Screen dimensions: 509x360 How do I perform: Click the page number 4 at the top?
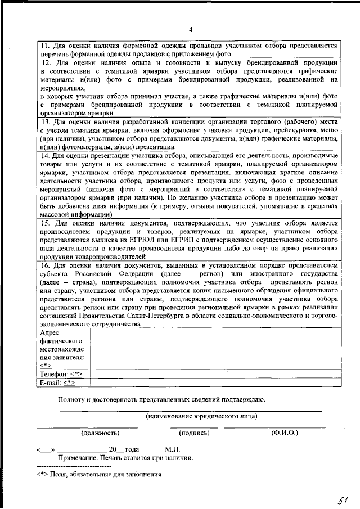point(191,30)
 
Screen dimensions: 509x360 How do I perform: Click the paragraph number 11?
point(45,45)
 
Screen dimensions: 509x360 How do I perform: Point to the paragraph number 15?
point(46,223)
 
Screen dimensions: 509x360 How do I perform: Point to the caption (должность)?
point(100,433)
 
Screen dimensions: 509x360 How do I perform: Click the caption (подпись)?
point(194,433)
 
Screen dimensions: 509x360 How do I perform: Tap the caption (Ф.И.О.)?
point(285,433)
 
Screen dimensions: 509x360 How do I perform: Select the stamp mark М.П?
point(172,450)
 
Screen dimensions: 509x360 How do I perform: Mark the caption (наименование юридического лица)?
point(201,416)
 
